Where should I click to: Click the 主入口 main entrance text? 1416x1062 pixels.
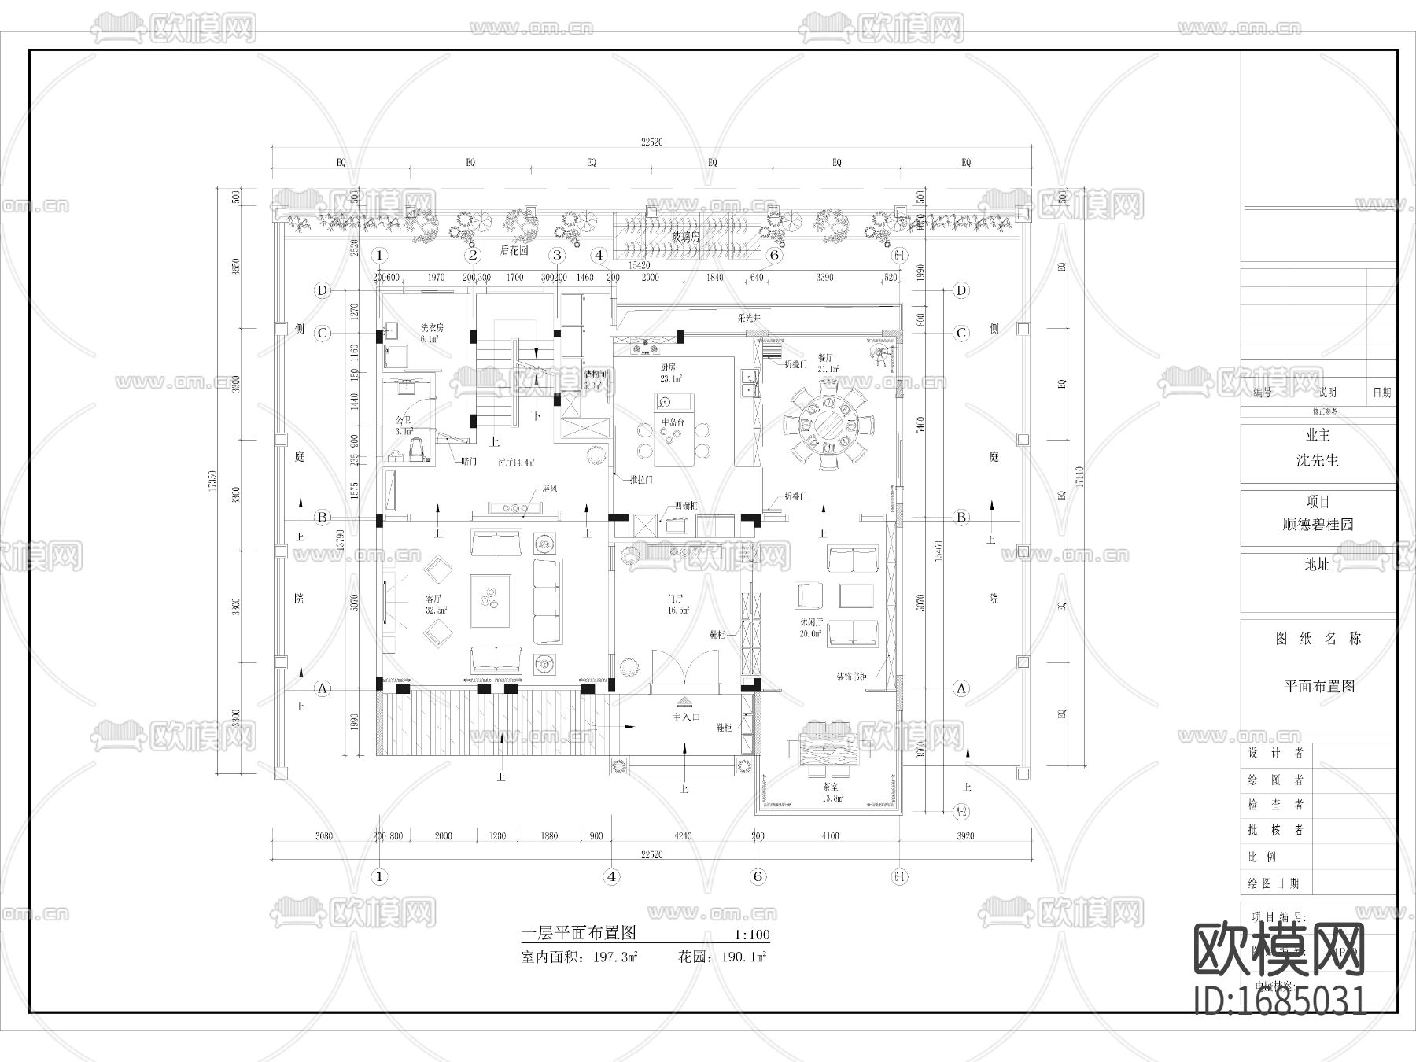[x=686, y=717]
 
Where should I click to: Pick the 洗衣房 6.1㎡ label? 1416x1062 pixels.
[x=431, y=334]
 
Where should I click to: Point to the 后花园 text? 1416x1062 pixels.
[x=514, y=250]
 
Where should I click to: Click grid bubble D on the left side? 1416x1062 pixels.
[x=322, y=290]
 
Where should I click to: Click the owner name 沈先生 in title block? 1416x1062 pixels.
[x=1317, y=460]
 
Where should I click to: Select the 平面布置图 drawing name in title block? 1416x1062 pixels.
[x=1319, y=686]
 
